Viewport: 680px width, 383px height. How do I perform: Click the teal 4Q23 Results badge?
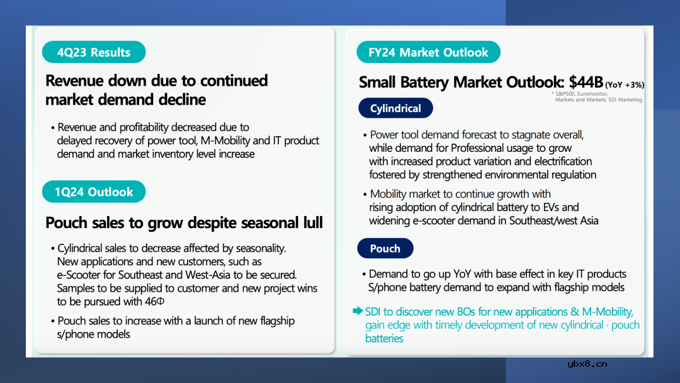coord(94,52)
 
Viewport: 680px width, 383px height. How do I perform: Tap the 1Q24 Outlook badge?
coord(94,191)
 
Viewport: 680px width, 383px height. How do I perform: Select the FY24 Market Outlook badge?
coord(428,52)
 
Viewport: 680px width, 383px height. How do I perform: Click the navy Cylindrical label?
coord(395,108)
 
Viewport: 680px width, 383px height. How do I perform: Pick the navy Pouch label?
coord(385,249)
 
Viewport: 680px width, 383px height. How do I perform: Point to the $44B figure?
coord(586,81)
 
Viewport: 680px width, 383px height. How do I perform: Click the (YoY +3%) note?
coord(625,84)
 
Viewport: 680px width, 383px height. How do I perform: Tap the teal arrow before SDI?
coord(358,311)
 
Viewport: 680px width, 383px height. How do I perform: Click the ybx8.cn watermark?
coord(587,364)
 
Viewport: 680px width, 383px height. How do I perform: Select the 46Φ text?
coord(155,301)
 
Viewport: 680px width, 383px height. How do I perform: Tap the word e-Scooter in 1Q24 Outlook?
coord(76,275)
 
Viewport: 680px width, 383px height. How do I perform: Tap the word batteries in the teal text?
coord(384,338)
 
